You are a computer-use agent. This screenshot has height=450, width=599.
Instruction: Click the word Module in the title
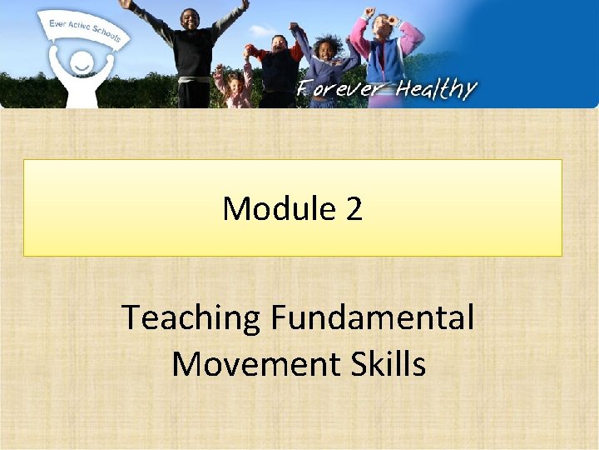point(275,208)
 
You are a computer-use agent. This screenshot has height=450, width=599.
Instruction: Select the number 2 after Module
point(354,208)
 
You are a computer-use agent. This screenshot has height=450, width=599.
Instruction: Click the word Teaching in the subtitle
point(191,317)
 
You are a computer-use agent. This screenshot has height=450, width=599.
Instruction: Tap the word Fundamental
point(372,317)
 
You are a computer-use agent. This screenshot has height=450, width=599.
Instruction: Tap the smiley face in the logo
point(81,63)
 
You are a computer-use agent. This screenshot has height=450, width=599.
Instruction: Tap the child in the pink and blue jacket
point(385,42)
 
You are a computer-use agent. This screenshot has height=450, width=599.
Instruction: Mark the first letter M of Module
point(235,208)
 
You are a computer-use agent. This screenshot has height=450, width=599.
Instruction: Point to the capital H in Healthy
point(406,89)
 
